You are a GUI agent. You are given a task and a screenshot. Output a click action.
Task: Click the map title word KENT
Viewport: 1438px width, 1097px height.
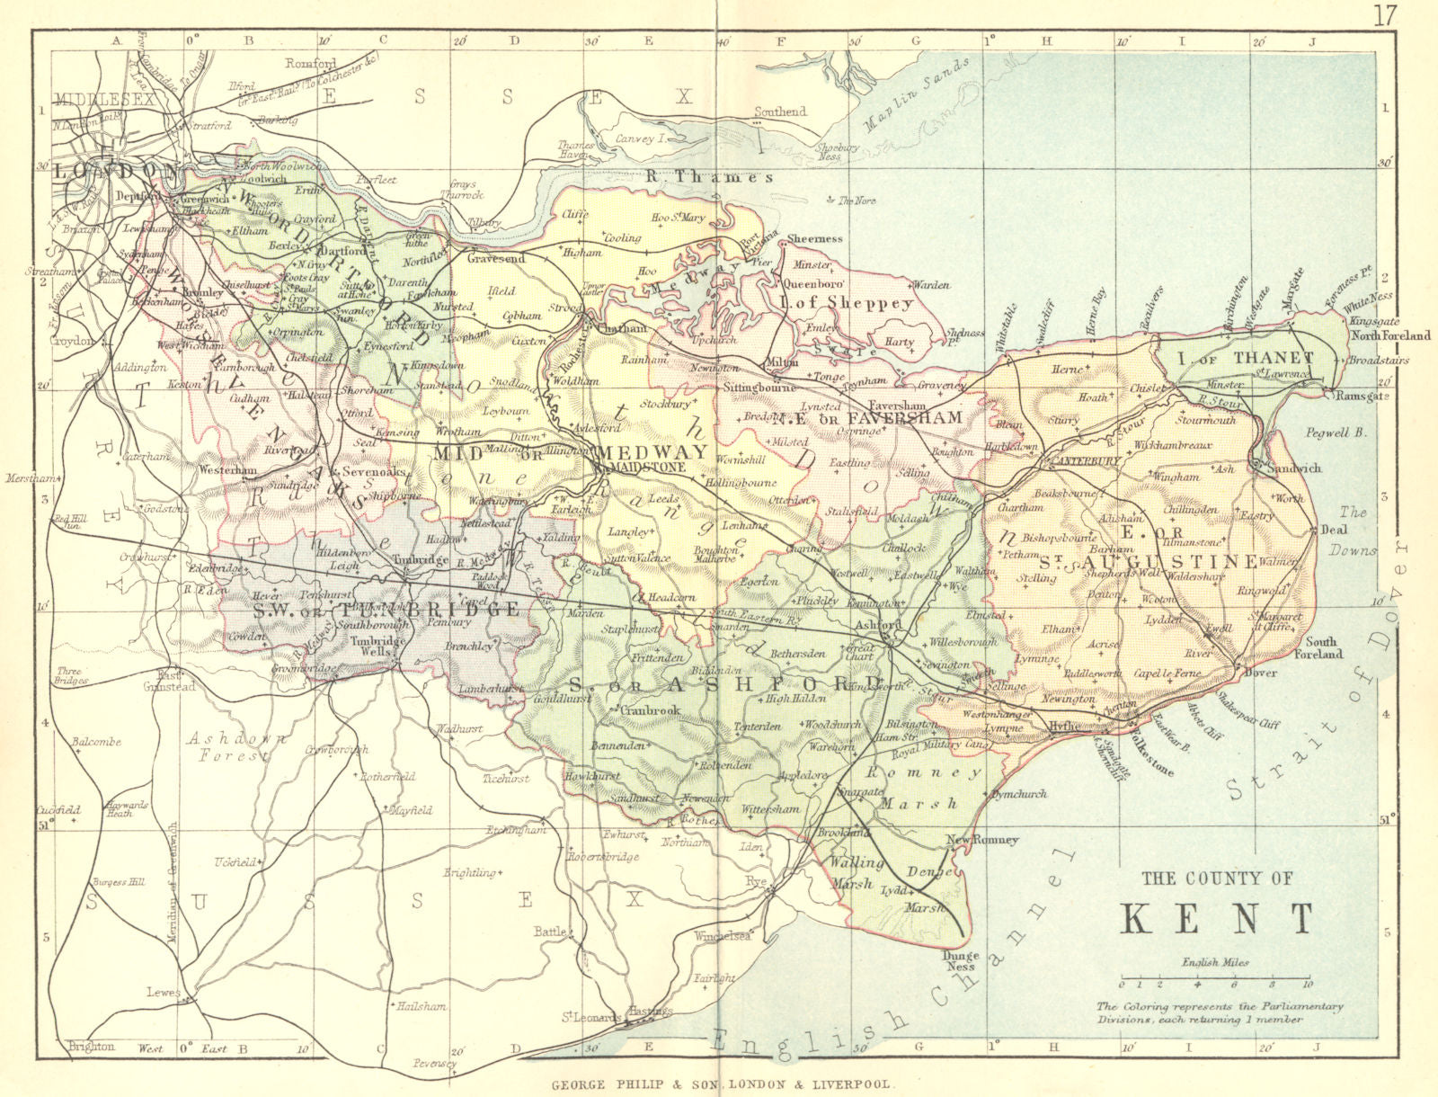[x=1218, y=919]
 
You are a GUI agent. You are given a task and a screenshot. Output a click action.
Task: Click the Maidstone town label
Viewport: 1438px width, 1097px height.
[x=647, y=468]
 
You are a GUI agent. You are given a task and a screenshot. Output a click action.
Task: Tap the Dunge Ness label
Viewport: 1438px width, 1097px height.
[x=959, y=961]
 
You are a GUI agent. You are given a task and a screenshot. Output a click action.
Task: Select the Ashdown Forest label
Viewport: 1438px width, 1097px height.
[x=236, y=747]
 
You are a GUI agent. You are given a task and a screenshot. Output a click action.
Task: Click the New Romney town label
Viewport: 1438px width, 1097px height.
[x=983, y=840]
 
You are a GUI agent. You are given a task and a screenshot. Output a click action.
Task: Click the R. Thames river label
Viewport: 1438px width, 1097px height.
[x=709, y=177]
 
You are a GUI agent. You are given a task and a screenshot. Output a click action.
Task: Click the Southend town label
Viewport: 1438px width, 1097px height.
[x=779, y=112]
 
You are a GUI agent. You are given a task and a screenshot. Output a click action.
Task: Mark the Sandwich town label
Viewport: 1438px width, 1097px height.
[x=1293, y=468]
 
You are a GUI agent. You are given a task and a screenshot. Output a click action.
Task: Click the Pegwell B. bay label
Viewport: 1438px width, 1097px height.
[x=1339, y=433]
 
